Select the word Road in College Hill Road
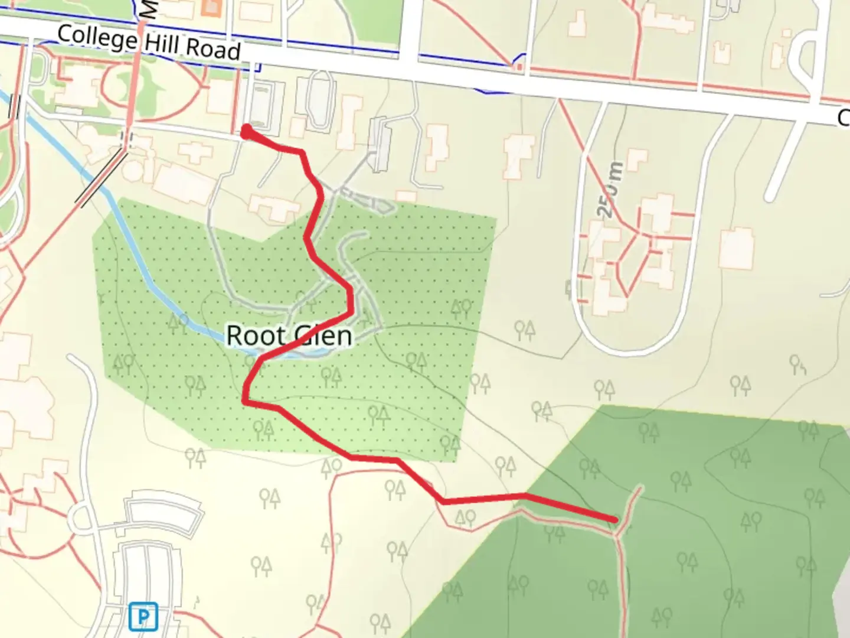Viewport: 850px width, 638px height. [x=214, y=50]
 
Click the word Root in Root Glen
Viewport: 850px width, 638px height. [x=256, y=336]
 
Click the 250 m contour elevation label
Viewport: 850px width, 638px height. [x=611, y=189]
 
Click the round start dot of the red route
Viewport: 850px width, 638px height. [x=247, y=131]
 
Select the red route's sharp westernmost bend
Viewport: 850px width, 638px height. [x=244, y=401]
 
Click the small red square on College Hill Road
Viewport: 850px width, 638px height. [x=518, y=69]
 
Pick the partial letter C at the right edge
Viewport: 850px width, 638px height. [x=844, y=118]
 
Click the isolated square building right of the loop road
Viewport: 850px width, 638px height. [x=736, y=248]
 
